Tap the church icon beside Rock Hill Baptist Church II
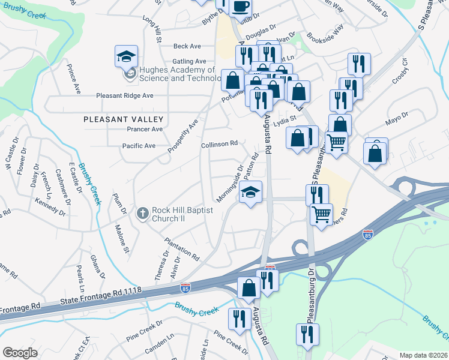click(x=142, y=213)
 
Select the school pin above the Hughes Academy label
click(x=126, y=57)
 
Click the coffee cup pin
click(x=240, y=7)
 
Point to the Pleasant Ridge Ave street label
click(x=125, y=95)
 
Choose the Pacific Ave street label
click(x=139, y=146)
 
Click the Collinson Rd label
click(x=220, y=144)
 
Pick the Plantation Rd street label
click(x=182, y=247)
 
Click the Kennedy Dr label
click(x=51, y=208)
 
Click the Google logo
click(x=20, y=353)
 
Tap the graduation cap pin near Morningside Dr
click(x=251, y=193)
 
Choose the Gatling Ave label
click(x=189, y=61)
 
